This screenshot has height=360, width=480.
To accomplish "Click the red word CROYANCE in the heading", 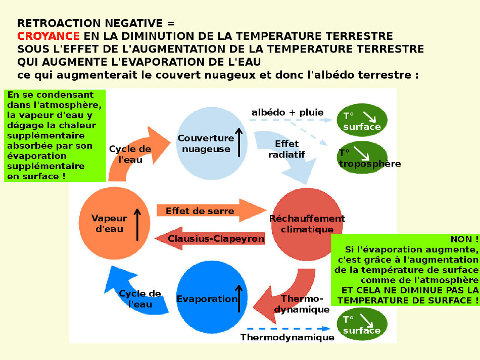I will point(48,36).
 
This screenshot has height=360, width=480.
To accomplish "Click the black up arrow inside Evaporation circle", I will point(239,298).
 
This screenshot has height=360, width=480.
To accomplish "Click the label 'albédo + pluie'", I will point(287,112).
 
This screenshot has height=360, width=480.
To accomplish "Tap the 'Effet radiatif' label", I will point(286,149).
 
